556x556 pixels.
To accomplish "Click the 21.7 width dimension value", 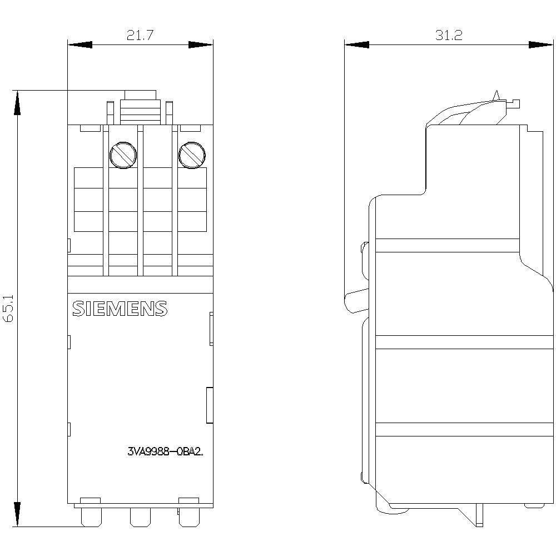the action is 140,36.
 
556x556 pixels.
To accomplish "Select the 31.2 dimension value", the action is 449,36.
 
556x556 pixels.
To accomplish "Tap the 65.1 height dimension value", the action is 8,308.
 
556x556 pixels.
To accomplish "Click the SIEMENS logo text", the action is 120,309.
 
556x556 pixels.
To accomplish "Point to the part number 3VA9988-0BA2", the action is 166,451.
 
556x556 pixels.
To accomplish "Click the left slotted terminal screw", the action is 123,155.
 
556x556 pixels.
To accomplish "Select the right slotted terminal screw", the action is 192,155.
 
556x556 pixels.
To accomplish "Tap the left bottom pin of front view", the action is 91,517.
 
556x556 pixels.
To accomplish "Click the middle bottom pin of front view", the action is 141,517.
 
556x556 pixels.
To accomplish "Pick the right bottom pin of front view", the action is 188,517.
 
